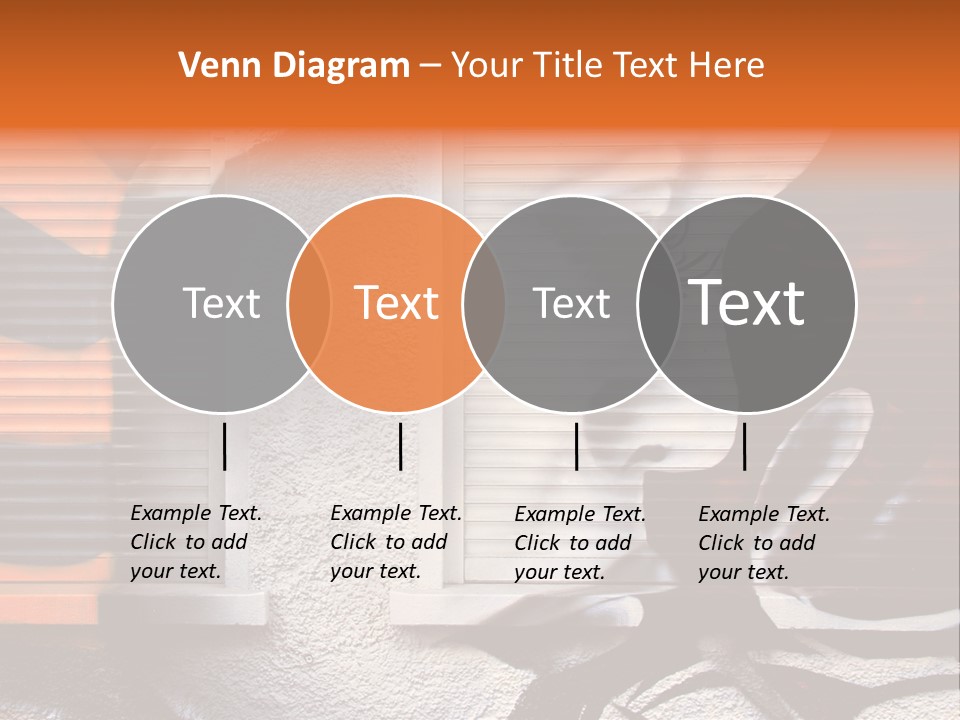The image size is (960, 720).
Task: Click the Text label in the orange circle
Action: pyautogui.click(x=396, y=303)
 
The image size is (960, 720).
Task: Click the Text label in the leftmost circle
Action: pyautogui.click(x=221, y=303)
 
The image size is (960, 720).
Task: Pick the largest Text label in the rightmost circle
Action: pyautogui.click(x=747, y=303)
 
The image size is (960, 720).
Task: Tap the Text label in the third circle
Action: pyautogui.click(x=571, y=303)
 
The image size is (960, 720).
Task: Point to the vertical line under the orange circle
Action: pyautogui.click(x=400, y=446)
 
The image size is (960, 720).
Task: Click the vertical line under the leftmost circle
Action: pyautogui.click(x=224, y=446)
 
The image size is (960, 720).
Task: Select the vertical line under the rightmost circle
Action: pyautogui.click(x=744, y=446)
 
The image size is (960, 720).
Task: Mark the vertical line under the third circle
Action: pyautogui.click(x=576, y=446)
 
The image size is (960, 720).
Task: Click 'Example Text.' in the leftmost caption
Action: pyautogui.click(x=196, y=513)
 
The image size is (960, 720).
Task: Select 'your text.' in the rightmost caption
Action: pyautogui.click(x=743, y=572)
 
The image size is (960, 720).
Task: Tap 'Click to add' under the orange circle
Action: pyautogui.click(x=388, y=542)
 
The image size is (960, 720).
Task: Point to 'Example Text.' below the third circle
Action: pyautogui.click(x=580, y=514)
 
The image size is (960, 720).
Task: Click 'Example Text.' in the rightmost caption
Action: pyautogui.click(x=764, y=514)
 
